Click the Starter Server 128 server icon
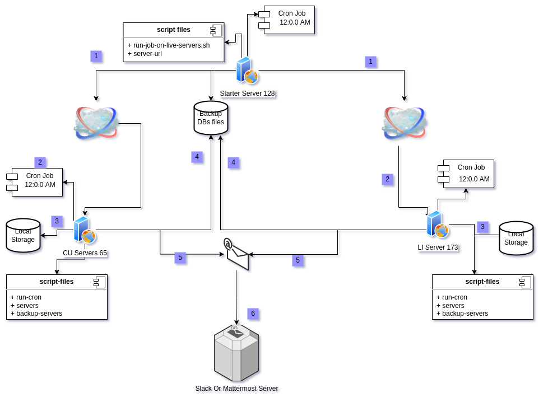coord(247,71)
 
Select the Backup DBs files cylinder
coord(211,118)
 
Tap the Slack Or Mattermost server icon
coord(236,353)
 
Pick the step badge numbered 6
coord(253,314)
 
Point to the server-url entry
coord(150,54)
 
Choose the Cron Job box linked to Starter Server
coord(289,20)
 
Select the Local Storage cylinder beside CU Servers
coord(23,236)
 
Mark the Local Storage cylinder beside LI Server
coord(516,238)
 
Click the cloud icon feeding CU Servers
coord(95,123)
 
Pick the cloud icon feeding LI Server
coord(404,123)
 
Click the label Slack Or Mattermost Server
coord(236,389)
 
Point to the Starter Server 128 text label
coord(247,94)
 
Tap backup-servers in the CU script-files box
coord(39,314)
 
